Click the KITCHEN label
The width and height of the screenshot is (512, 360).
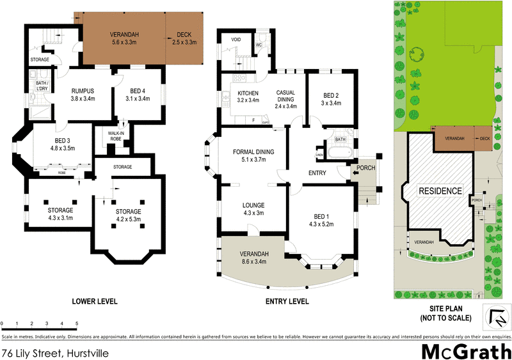230,93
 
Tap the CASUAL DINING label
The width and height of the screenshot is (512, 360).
285,96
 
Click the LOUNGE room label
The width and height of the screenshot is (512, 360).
253,205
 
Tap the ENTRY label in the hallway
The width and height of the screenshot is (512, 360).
317,173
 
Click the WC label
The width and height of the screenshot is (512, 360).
259,46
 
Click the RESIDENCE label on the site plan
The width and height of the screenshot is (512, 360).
440,191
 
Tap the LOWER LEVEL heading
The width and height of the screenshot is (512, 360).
95,301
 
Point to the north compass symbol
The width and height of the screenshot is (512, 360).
496,317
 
